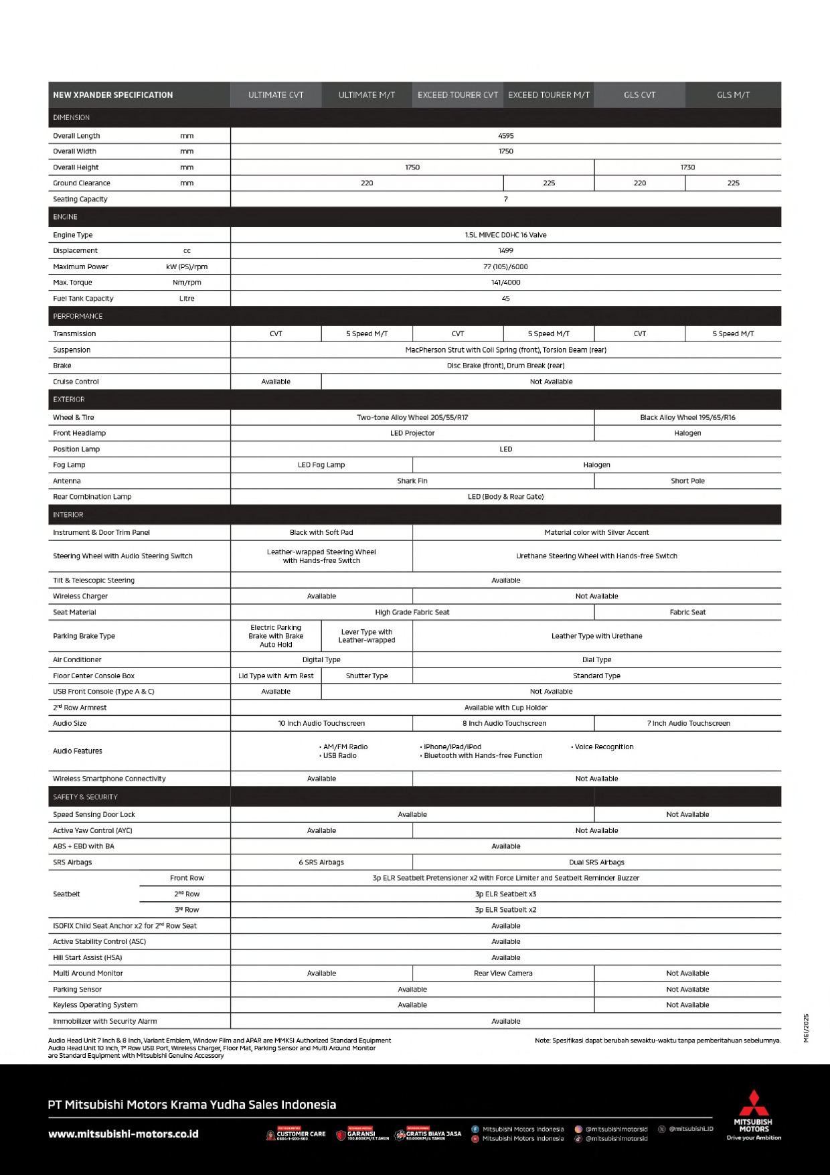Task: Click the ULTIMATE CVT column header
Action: tap(276, 95)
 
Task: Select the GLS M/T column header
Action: tap(733, 95)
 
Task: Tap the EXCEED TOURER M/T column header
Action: tap(549, 95)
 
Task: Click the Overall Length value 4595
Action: tap(505, 136)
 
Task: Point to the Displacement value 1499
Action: tap(505, 250)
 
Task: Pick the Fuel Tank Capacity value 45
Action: tap(505, 299)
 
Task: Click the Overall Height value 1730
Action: tap(687, 167)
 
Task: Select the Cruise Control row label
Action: tap(76, 382)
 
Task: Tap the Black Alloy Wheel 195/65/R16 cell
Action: tap(687, 417)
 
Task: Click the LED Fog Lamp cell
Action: tap(321, 465)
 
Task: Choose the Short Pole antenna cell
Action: tap(687, 481)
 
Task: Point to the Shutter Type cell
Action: tap(367, 676)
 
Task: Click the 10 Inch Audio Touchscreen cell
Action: tap(321, 723)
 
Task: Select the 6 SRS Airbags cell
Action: tap(321, 862)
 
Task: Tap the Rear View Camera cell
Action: tap(503, 973)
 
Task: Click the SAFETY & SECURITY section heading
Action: tap(85, 797)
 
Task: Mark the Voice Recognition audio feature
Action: tap(604, 747)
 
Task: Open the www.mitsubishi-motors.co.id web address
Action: tap(123, 1134)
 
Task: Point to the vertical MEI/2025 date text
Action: tap(807, 1028)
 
